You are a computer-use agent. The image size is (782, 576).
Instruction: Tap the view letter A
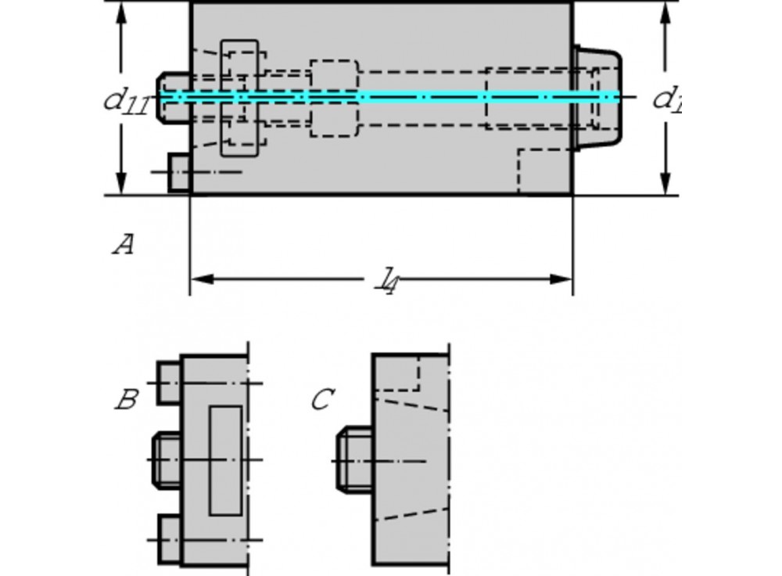[123, 246]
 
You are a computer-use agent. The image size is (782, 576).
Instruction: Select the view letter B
[126, 401]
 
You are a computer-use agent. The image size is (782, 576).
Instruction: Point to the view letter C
[321, 401]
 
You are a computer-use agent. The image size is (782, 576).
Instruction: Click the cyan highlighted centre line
[391, 97]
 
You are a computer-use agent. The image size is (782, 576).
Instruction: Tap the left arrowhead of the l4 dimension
[200, 279]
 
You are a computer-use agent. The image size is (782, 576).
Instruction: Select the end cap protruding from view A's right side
[597, 97]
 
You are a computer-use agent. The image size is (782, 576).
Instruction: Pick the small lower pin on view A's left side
[180, 171]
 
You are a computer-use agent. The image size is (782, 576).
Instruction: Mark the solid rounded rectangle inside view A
[240, 98]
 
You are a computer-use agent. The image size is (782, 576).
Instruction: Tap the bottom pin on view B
[169, 539]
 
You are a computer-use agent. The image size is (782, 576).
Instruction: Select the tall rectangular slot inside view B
[225, 460]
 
